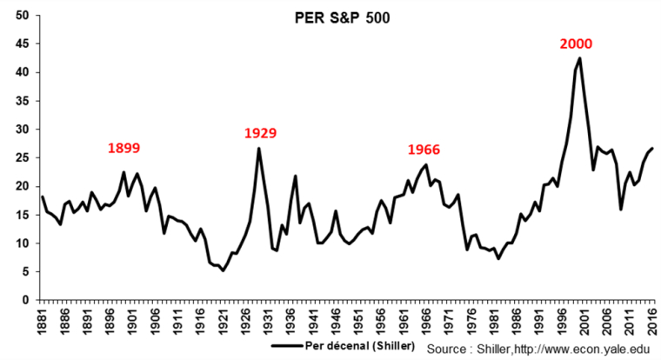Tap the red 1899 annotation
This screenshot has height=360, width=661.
click(124, 148)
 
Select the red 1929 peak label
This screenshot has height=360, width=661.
click(260, 133)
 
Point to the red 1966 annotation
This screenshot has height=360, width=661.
click(424, 150)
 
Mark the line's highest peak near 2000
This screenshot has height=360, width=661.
click(579, 59)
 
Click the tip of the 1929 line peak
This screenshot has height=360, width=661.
click(258, 149)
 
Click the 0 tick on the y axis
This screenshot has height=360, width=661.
click(27, 301)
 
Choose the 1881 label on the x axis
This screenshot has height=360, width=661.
click(43, 322)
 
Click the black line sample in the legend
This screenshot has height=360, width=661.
click(288, 346)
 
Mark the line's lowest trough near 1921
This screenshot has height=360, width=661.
click(223, 270)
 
